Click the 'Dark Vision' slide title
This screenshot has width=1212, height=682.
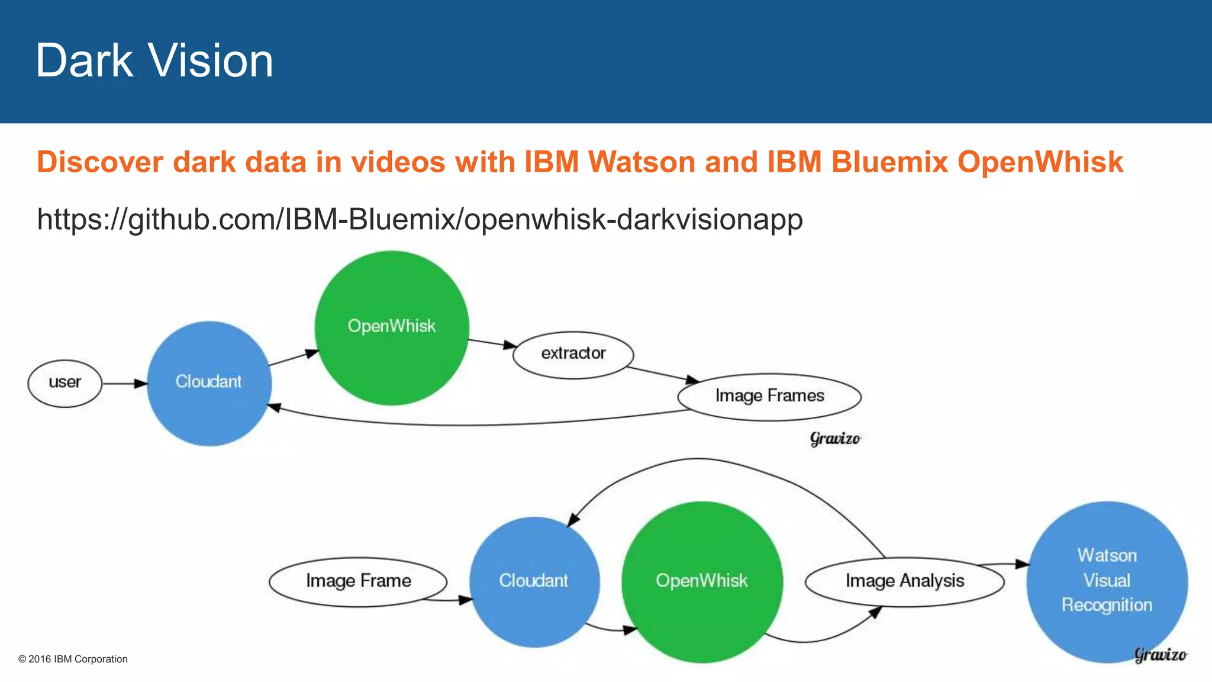tap(154, 60)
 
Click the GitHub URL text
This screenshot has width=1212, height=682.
tap(420, 219)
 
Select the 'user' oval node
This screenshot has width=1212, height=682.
tap(65, 383)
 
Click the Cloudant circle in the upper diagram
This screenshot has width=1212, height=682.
tap(209, 383)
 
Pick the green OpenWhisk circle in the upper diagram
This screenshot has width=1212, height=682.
tap(392, 327)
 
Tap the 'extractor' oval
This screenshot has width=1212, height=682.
tap(573, 354)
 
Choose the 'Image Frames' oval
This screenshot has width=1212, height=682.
tap(769, 396)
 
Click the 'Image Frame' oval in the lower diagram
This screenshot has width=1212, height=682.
tap(358, 581)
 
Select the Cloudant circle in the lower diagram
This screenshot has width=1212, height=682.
tap(534, 581)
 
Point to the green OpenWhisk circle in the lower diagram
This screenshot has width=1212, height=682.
tap(702, 581)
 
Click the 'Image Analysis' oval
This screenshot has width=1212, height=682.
tap(904, 581)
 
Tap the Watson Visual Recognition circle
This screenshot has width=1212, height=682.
tap(1107, 581)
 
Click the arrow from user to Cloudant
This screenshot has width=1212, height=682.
tap(125, 384)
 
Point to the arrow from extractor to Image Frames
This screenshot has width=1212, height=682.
tap(663, 374)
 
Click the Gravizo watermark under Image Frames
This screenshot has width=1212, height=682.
tap(835, 439)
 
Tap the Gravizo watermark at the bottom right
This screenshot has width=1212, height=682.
tap(1161, 655)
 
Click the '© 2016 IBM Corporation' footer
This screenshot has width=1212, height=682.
tap(73, 659)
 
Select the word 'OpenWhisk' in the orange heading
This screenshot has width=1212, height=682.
tap(1040, 162)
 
